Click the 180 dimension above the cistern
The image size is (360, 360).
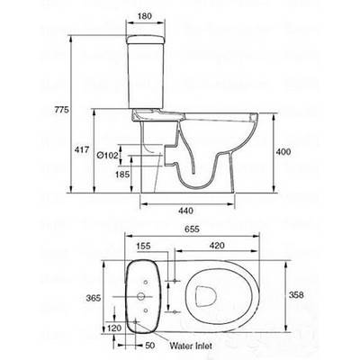(x=145, y=15)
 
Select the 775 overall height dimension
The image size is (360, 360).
(x=61, y=110)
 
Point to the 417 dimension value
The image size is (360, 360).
(x=82, y=149)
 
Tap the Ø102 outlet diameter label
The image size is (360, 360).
(x=107, y=155)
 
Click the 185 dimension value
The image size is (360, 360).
(x=122, y=175)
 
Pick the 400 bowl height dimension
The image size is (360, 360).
(x=283, y=152)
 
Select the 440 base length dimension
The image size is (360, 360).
(x=185, y=211)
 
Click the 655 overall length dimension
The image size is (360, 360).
(x=191, y=229)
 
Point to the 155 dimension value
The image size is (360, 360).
(x=143, y=246)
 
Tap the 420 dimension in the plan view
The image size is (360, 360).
(x=217, y=246)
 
